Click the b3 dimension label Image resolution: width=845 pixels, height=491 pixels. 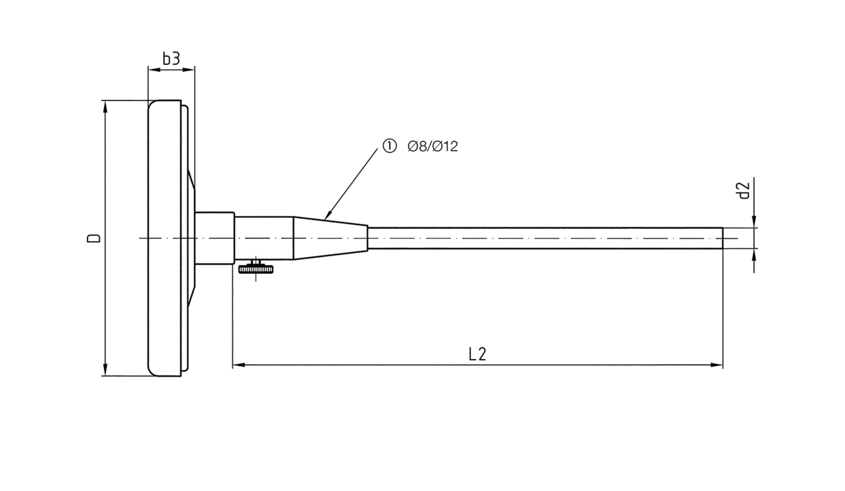click(x=171, y=59)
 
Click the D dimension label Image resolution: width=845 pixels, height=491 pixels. click(x=94, y=238)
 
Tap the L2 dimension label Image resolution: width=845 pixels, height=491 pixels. click(x=477, y=354)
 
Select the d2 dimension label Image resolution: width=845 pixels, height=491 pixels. click(x=743, y=190)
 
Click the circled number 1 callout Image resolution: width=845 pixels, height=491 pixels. click(x=389, y=146)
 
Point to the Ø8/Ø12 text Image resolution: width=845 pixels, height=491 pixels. click(x=432, y=146)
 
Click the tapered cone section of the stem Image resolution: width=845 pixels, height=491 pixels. click(x=330, y=238)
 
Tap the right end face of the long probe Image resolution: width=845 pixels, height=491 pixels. click(x=722, y=238)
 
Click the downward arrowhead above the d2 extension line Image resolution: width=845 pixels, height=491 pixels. click(x=754, y=221)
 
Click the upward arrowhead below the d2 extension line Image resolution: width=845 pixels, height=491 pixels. click(x=754, y=255)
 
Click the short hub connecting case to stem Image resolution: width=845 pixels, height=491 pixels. click(x=214, y=238)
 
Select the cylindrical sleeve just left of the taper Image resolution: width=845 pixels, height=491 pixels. click(x=263, y=238)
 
